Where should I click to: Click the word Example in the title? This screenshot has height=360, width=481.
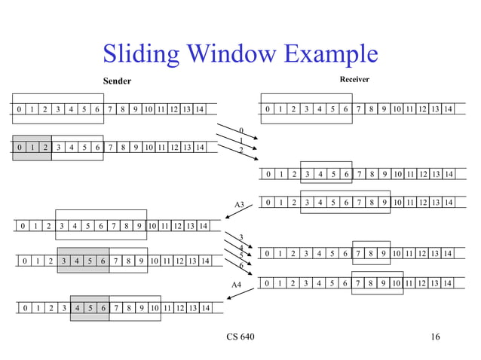click(x=326, y=54)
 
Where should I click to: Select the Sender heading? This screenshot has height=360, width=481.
click(x=117, y=81)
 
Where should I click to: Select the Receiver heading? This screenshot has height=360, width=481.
click(x=354, y=80)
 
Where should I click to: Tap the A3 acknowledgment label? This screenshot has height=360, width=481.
click(x=239, y=204)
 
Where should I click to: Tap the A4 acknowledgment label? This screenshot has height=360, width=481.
click(x=236, y=285)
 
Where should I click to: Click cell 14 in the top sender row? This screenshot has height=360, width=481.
click(x=199, y=110)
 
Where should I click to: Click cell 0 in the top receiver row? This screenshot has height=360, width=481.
click(x=268, y=110)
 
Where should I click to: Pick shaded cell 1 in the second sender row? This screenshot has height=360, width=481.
click(x=32, y=148)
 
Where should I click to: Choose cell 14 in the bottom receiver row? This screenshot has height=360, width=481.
click(x=448, y=283)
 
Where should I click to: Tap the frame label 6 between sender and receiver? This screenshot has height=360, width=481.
click(x=240, y=265)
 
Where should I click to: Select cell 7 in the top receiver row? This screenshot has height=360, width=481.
click(x=359, y=110)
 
